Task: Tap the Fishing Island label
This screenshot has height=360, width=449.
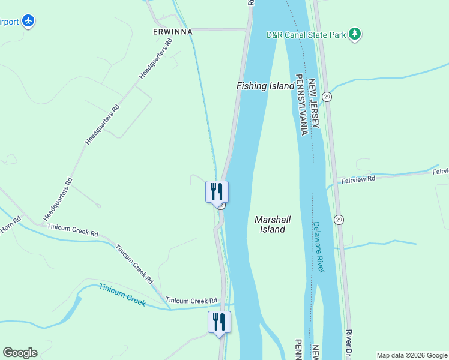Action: coord(265,86)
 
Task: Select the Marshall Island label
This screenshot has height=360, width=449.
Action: coord(273,224)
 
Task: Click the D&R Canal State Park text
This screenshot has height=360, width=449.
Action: coord(306,35)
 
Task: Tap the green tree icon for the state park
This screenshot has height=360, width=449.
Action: coord(355,34)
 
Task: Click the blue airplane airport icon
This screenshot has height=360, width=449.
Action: coord(27,22)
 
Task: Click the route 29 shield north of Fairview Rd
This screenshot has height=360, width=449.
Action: coord(327,97)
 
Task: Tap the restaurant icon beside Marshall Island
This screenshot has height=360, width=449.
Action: coord(217,192)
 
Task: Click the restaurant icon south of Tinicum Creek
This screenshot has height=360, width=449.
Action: coord(219,322)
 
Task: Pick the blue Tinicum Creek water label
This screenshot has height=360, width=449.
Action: coord(122,295)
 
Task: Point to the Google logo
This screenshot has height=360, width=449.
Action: coord(20,353)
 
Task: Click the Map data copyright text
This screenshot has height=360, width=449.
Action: coord(412,355)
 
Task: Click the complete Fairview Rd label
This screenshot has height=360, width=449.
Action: coord(358,179)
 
